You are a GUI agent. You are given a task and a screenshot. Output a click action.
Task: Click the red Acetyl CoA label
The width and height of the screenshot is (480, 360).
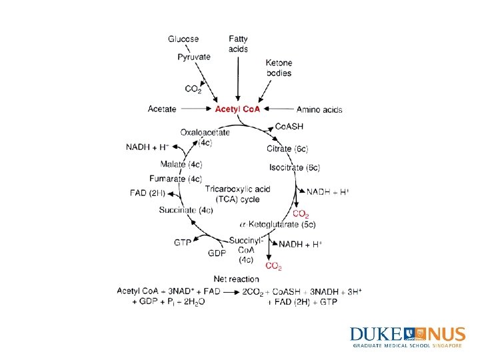click(238, 109)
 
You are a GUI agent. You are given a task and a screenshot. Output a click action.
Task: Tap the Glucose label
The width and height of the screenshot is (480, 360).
click(183, 39)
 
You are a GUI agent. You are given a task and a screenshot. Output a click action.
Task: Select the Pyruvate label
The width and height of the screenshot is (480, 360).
click(194, 57)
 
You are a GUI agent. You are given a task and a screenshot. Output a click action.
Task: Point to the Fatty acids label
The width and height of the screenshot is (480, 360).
click(238, 44)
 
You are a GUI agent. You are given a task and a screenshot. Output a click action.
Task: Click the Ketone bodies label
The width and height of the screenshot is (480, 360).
click(279, 68)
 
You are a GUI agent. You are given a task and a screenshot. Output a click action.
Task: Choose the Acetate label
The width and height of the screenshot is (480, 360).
click(162, 109)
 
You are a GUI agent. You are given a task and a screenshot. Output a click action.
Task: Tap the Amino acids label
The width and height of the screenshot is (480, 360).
click(319, 109)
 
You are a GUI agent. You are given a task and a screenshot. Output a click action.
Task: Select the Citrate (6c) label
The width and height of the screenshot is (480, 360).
click(287, 148)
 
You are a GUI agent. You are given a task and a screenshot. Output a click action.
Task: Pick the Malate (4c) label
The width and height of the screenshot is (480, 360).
click(181, 164)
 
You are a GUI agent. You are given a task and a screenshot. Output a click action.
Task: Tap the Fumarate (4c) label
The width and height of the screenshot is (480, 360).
click(175, 179)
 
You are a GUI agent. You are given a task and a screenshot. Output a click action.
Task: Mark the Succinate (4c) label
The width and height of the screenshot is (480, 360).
click(186, 210)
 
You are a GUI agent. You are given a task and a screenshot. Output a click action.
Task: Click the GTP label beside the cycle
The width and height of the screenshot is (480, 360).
click(183, 243)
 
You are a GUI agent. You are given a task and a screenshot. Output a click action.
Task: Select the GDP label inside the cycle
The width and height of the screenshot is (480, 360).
click(217, 254)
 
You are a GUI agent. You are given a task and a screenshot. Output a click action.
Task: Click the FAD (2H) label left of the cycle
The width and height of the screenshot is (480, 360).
click(147, 193)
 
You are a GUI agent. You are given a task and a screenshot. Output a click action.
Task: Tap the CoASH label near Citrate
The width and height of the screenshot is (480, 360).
click(289, 127)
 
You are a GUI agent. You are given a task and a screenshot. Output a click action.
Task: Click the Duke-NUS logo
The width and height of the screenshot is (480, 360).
click(406, 337)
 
